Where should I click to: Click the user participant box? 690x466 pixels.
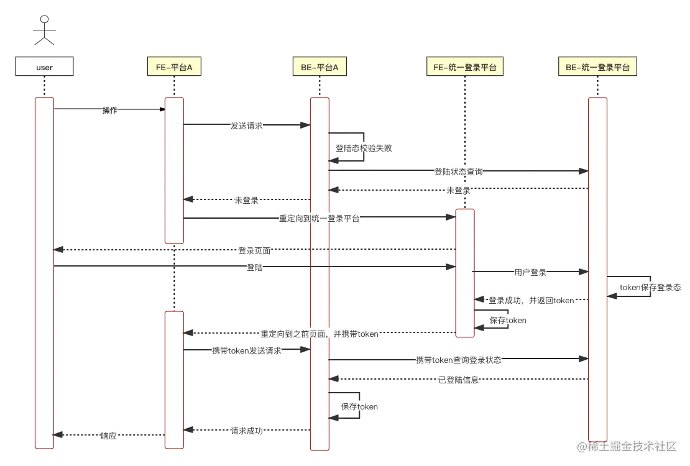point(45,67)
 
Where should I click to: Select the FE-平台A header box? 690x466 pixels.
point(174,67)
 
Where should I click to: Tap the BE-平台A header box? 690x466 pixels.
point(320,67)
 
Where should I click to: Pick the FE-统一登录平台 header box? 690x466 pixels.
point(465,67)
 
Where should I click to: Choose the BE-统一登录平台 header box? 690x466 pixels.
point(597,67)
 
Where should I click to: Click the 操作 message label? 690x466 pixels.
point(110,110)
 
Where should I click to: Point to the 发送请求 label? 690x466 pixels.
point(246,126)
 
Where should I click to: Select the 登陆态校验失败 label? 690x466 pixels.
point(364,148)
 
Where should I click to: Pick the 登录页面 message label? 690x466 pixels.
point(255,251)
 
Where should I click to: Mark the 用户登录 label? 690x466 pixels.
point(530,272)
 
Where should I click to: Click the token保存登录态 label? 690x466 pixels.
point(650,288)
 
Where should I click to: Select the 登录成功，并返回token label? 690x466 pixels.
point(531,301)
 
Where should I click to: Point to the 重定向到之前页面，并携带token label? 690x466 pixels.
point(320,334)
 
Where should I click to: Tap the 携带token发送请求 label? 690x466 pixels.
point(247,351)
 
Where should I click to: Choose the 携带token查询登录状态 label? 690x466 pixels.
point(459,360)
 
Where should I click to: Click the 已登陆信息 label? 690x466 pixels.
point(459,380)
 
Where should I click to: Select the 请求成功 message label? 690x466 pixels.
point(246,431)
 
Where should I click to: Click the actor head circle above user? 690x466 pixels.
point(44,20)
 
